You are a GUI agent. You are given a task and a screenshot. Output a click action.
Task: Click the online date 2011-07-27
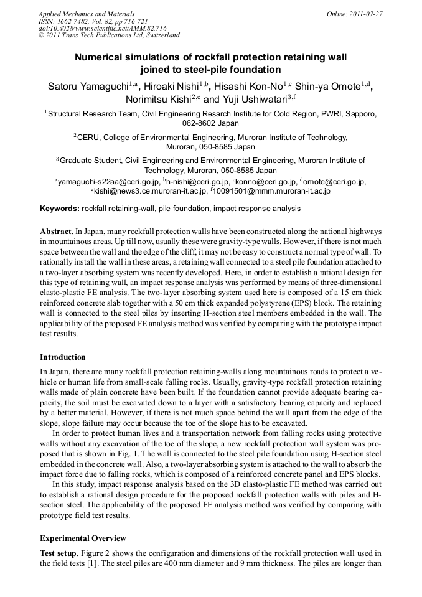[367, 13]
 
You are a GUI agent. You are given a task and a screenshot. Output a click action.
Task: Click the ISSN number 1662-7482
[73, 21]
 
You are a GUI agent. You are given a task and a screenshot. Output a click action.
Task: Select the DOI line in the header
[103, 28]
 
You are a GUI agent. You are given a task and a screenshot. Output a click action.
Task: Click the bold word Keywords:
[60, 208]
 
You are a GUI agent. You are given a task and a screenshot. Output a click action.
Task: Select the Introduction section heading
[63, 357]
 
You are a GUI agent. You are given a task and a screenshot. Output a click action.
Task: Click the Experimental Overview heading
[83, 538]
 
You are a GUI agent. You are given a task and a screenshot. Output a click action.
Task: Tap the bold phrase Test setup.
[59, 553]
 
